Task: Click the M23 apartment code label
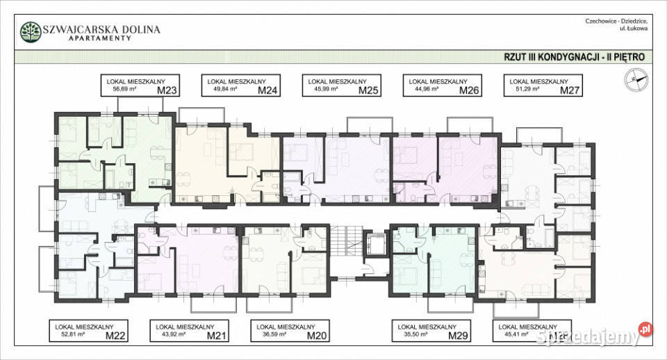tap(169, 90)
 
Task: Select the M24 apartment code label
tap(268, 90)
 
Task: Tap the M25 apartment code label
tap(368, 90)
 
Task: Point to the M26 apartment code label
tap(469, 90)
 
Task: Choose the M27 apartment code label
tap(569, 90)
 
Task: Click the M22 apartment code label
tap(115, 336)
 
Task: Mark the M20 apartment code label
tap(316, 336)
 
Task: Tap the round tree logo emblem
tap(30, 32)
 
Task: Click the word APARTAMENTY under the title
tap(100, 39)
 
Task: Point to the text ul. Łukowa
tap(634, 29)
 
